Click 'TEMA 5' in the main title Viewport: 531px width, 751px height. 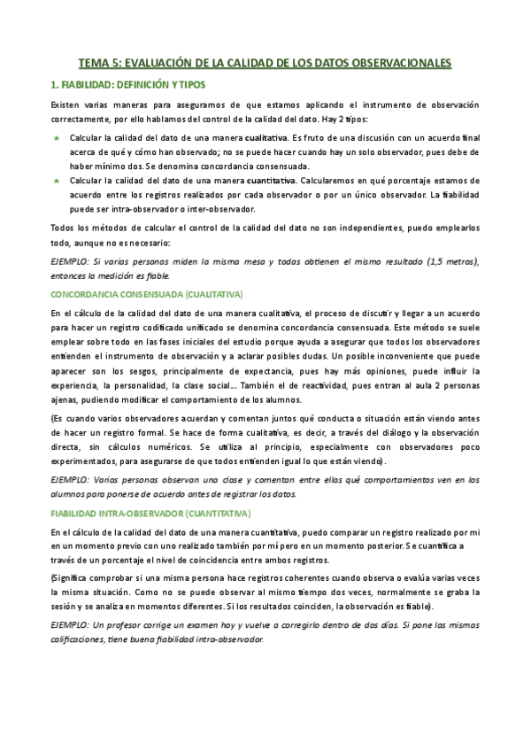100,63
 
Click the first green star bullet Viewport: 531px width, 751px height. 57,139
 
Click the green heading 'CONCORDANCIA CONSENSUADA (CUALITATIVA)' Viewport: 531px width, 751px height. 146,293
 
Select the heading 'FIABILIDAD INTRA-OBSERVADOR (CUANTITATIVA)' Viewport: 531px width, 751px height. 151,513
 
